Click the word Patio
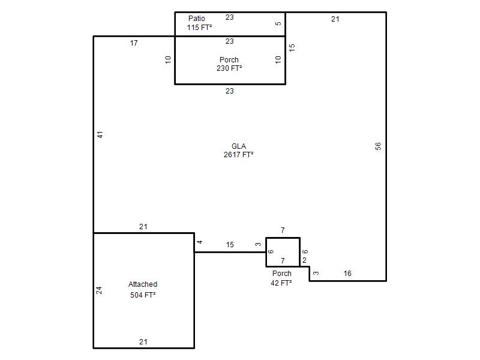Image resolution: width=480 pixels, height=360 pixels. pyautogui.click(x=197, y=19)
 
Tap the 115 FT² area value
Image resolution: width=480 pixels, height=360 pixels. pyautogui.click(x=200, y=27)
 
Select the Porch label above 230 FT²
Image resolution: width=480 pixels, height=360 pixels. pyautogui.click(x=229, y=59)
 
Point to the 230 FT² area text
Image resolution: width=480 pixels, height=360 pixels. pyautogui.click(x=229, y=68)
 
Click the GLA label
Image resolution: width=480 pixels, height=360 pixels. pyautogui.click(x=239, y=146)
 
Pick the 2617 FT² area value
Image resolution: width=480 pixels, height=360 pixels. pyautogui.click(x=238, y=155)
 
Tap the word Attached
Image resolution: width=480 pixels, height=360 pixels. pyautogui.click(x=143, y=284)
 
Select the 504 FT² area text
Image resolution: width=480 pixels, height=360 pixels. pyautogui.click(x=143, y=295)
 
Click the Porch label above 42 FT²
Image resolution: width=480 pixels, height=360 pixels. pyautogui.click(x=282, y=274)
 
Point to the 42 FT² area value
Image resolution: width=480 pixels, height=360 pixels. pyautogui.click(x=281, y=283)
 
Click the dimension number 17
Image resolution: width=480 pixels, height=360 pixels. pyautogui.click(x=134, y=43)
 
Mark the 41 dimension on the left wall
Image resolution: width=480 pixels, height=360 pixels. pyautogui.click(x=100, y=134)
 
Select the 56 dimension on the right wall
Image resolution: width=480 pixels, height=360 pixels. pyautogui.click(x=378, y=146)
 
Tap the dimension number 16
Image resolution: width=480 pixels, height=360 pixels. pyautogui.click(x=347, y=274)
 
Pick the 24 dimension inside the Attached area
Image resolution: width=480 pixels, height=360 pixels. pyautogui.click(x=99, y=290)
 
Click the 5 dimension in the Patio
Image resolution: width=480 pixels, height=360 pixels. pyautogui.click(x=278, y=23)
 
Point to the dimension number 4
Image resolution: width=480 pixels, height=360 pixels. pyautogui.click(x=200, y=242)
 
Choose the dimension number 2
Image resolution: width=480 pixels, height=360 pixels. pyautogui.click(x=304, y=260)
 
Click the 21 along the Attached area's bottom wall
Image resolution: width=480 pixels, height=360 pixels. pyautogui.click(x=143, y=341)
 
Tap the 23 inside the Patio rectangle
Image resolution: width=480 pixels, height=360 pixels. pyautogui.click(x=230, y=17)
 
